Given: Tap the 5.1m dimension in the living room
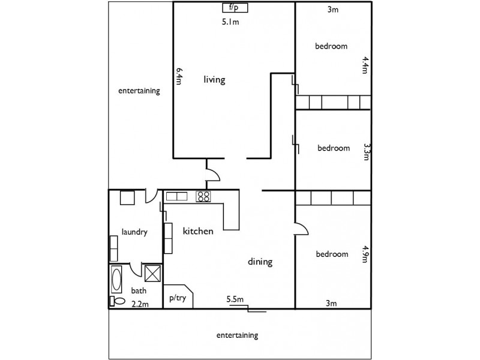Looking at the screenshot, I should (231, 23).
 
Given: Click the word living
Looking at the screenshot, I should (214, 79).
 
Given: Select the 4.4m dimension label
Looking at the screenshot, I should (364, 65).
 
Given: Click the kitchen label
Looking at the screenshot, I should (198, 231).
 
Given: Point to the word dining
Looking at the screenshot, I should (260, 262).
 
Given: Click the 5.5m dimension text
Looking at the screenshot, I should (235, 299).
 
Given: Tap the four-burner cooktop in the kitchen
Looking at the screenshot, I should (203, 196).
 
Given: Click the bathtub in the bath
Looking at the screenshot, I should (116, 279).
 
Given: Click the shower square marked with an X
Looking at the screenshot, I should (153, 273).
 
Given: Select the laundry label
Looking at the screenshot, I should (134, 232).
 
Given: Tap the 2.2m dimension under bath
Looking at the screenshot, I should (139, 304).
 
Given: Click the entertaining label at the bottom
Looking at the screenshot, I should (238, 335).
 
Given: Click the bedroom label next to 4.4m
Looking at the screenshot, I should (332, 46).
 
